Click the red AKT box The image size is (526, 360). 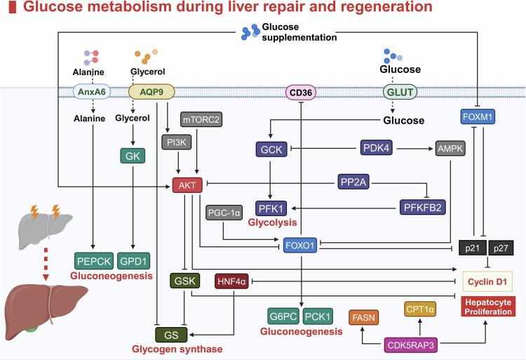tap(187, 185)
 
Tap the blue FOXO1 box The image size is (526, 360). tap(300, 248)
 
